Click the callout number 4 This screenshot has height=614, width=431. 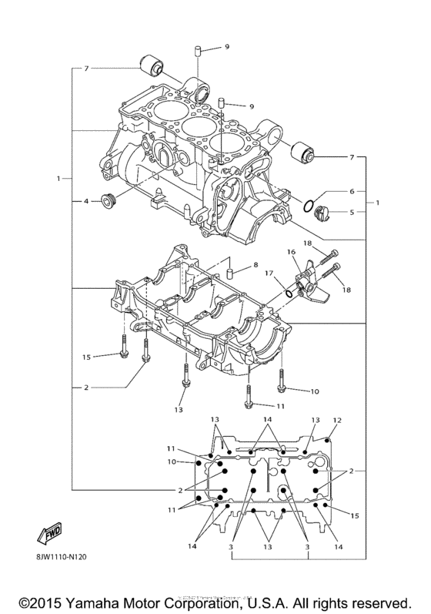[87, 202]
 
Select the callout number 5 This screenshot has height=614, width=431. [351, 212]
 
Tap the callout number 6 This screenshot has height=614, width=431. [351, 190]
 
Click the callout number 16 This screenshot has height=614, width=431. [292, 252]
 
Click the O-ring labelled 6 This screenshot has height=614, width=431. [308, 206]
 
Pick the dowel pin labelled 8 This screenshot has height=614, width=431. [229, 273]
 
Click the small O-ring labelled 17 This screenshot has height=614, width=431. [288, 292]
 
